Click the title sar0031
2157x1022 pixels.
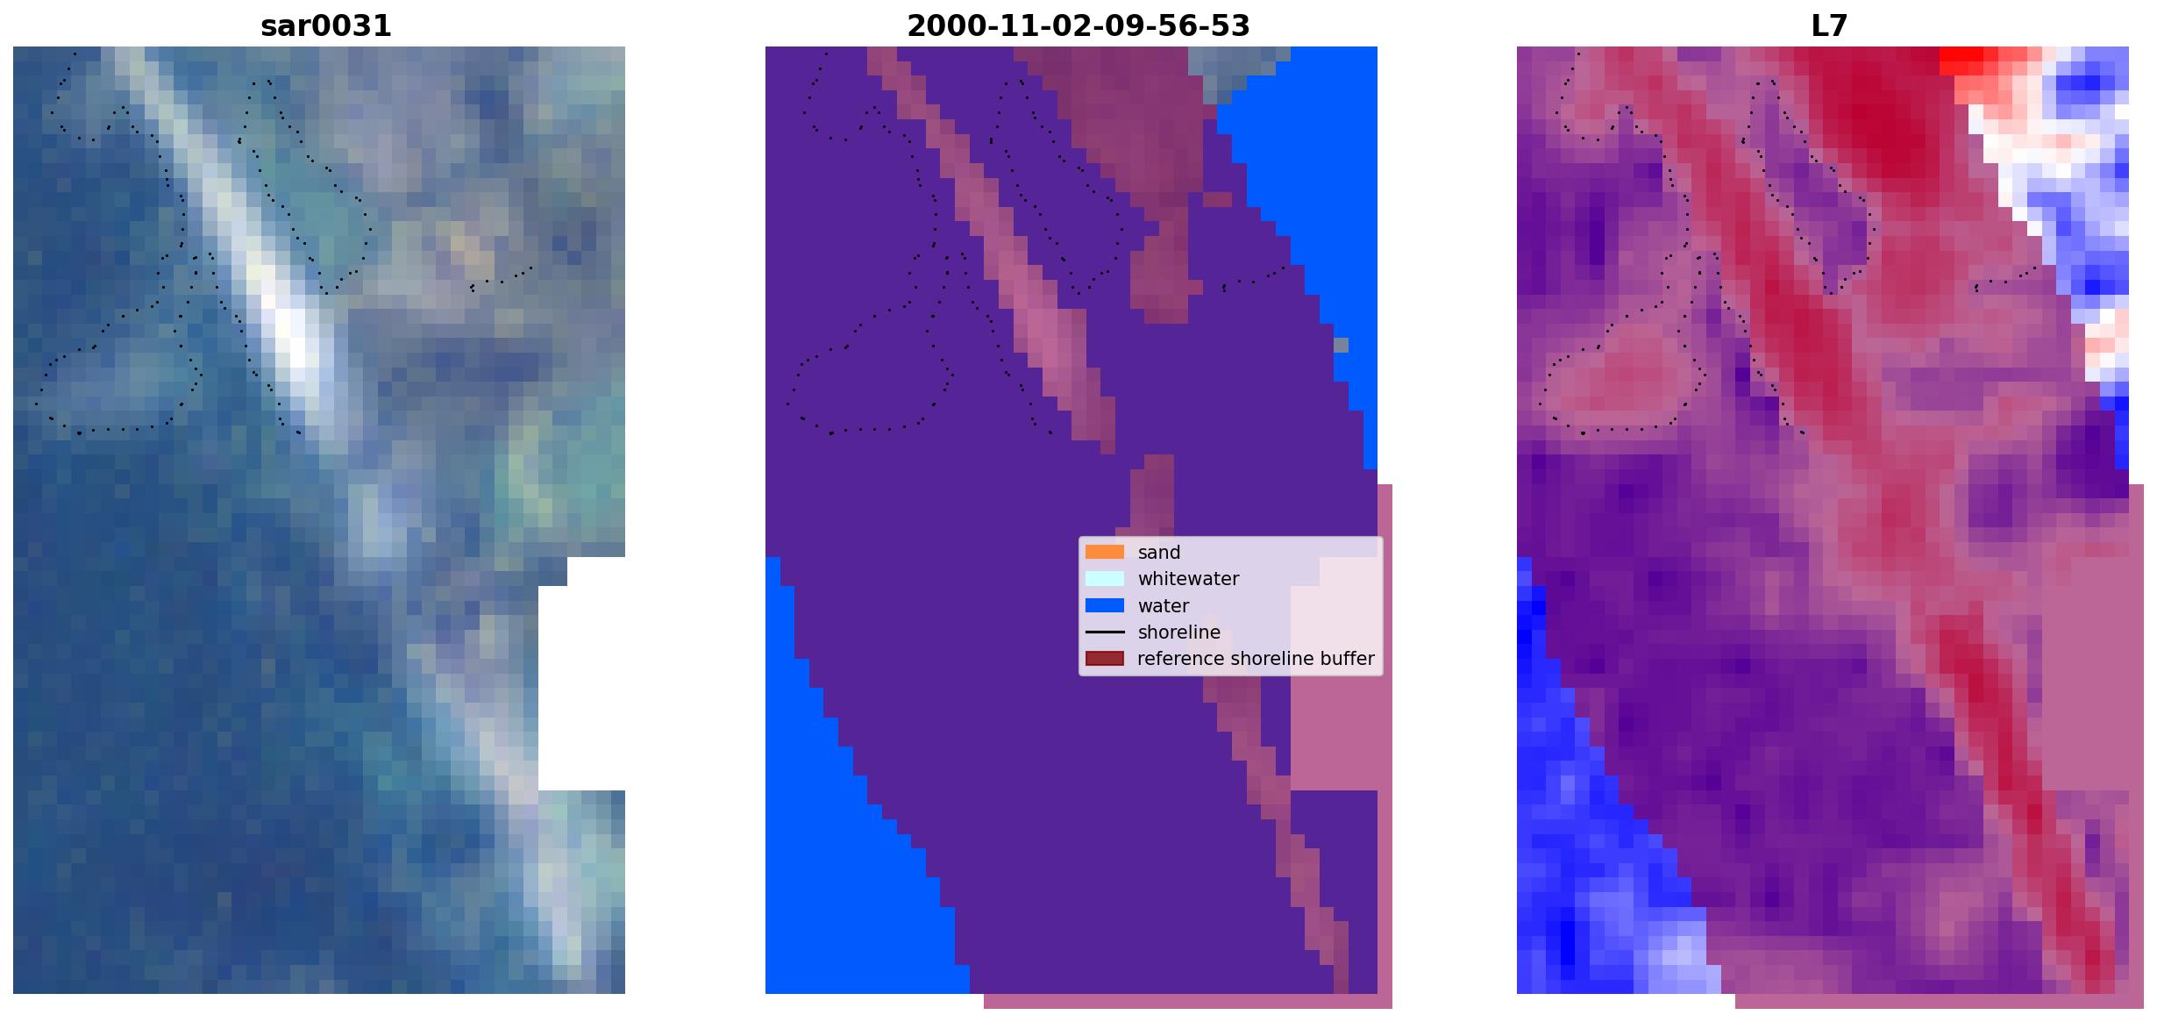pyautogui.click(x=325, y=26)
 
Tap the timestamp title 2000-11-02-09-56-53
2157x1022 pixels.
pyautogui.click(x=1078, y=26)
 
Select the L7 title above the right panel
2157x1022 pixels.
pyautogui.click(x=1829, y=26)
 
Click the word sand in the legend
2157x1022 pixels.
pyautogui.click(x=1159, y=553)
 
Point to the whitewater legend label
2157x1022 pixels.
pyautogui.click(x=1188, y=579)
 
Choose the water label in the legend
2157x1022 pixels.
pyautogui.click(x=1164, y=606)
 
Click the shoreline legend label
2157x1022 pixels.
pyautogui.click(x=1179, y=632)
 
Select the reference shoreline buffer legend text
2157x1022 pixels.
pyautogui.click(x=1256, y=659)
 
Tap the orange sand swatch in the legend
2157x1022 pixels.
pyautogui.click(x=1105, y=552)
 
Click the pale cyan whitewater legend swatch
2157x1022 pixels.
pyautogui.click(x=1105, y=579)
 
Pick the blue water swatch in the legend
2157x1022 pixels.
pyautogui.click(x=1105, y=605)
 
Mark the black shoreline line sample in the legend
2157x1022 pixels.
pyautogui.click(x=1105, y=632)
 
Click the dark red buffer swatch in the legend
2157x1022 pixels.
pyautogui.click(x=1105, y=659)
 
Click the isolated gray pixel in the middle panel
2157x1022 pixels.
pyautogui.click(x=1341, y=345)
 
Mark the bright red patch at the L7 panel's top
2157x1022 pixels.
pyautogui.click(x=1961, y=60)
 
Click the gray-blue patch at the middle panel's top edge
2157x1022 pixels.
pyautogui.click(x=1232, y=66)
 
